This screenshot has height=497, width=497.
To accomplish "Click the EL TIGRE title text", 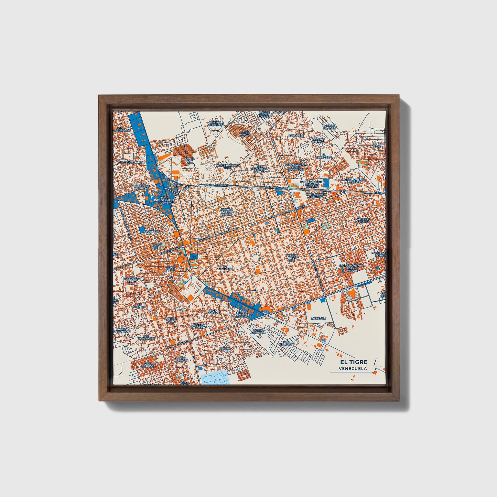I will tap(354, 362).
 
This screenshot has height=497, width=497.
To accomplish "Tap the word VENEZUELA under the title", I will tap(353, 369).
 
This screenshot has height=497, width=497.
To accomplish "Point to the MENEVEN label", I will tap(318, 319).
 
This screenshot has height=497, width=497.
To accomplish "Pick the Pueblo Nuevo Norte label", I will tap(227, 212).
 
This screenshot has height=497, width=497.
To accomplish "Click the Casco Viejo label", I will tap(170, 269).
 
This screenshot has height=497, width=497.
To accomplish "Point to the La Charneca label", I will tap(151, 231).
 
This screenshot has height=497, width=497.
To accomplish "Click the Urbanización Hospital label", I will tap(316, 195).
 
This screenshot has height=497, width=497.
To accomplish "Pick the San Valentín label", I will tap(286, 343).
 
